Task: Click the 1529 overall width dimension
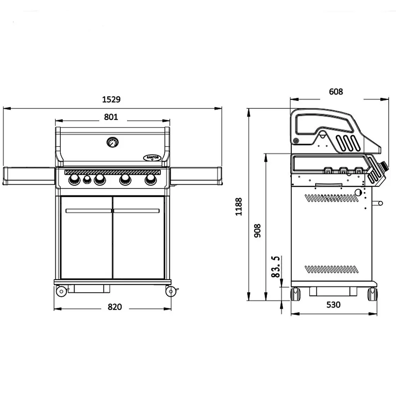(x=111, y=99)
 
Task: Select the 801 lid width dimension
(x=111, y=117)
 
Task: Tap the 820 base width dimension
(x=114, y=307)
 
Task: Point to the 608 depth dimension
(x=336, y=91)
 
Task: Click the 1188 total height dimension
(x=239, y=207)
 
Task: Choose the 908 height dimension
(x=257, y=230)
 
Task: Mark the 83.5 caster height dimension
(x=275, y=267)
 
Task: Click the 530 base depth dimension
(x=333, y=305)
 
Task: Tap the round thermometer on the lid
(x=113, y=142)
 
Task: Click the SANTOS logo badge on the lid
(x=152, y=158)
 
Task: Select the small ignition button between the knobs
(x=87, y=179)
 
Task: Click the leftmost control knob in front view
(x=74, y=179)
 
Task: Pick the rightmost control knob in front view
(x=150, y=179)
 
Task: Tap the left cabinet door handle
(x=89, y=211)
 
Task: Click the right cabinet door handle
(x=137, y=211)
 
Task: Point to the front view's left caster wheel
(x=61, y=291)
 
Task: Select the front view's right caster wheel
(x=171, y=291)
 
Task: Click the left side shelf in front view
(x=29, y=176)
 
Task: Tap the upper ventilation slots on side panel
(x=331, y=198)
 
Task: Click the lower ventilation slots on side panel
(x=331, y=270)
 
